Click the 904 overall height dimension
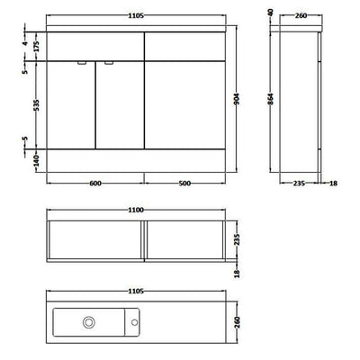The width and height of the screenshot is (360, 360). (237, 99)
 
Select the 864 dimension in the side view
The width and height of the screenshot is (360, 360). (270, 100)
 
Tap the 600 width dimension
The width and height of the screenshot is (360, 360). (95, 183)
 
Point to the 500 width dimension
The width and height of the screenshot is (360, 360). (184, 183)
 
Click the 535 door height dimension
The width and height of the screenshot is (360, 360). (36, 105)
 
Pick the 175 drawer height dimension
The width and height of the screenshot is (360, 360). (36, 47)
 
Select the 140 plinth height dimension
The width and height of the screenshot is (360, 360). (36, 161)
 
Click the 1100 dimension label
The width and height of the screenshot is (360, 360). (136, 210)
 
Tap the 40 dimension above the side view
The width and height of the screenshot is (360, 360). (270, 13)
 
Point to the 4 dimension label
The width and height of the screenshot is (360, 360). (25, 43)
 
